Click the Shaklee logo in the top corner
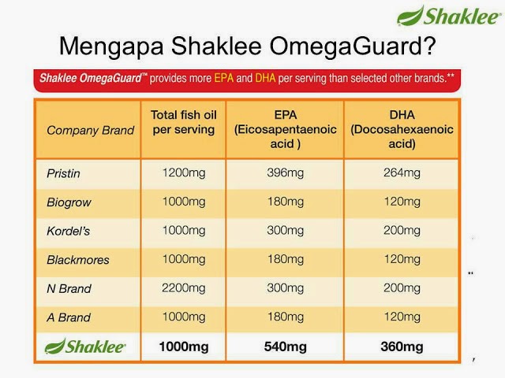pyautogui.click(x=449, y=16)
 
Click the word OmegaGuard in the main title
pyautogui.click(x=347, y=46)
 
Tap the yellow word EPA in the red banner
pyautogui.click(x=223, y=78)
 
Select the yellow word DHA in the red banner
pyautogui.click(x=265, y=78)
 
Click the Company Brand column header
pyautogui.click(x=90, y=130)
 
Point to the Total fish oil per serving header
pyautogui.click(x=184, y=122)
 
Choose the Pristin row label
pyautogui.click(x=63, y=173)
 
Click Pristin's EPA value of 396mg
pyautogui.click(x=285, y=173)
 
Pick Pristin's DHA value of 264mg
pyautogui.click(x=402, y=173)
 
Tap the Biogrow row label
pyautogui.click(x=69, y=202)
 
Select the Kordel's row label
pyautogui.click(x=68, y=231)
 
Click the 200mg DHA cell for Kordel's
pyautogui.click(x=402, y=231)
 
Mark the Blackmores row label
pyautogui.click(x=77, y=260)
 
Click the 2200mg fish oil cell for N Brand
pyautogui.click(x=184, y=288)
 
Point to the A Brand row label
pyautogui.click(x=69, y=317)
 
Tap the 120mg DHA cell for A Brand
pyautogui.click(x=402, y=317)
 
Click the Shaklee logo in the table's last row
pyautogui.click(x=85, y=346)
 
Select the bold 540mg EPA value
pyautogui.click(x=285, y=346)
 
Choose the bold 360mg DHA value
pyautogui.click(x=402, y=346)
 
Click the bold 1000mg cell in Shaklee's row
pyautogui.click(x=184, y=346)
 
